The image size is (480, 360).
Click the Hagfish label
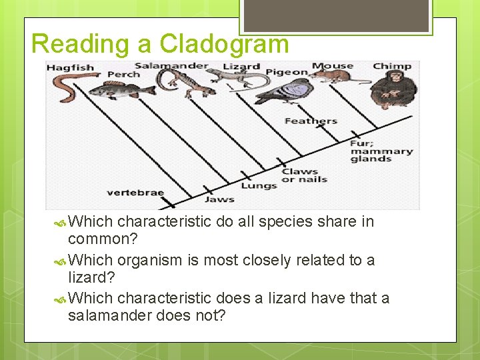coord(70,68)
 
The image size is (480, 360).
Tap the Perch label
coord(124,74)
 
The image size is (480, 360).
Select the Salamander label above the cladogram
coord(171,66)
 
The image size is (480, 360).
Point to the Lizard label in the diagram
coord(241,67)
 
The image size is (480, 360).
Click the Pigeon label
coord(287,72)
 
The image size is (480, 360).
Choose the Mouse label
coord(333,66)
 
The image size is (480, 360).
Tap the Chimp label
coord(392,66)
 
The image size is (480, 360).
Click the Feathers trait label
coord(311,121)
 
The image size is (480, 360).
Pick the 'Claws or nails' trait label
coord(304,175)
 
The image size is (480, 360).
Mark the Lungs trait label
coord(259,186)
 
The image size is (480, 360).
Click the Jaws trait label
coord(219,199)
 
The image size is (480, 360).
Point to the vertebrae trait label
coord(135,193)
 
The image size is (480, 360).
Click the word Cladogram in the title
coord(223,44)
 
